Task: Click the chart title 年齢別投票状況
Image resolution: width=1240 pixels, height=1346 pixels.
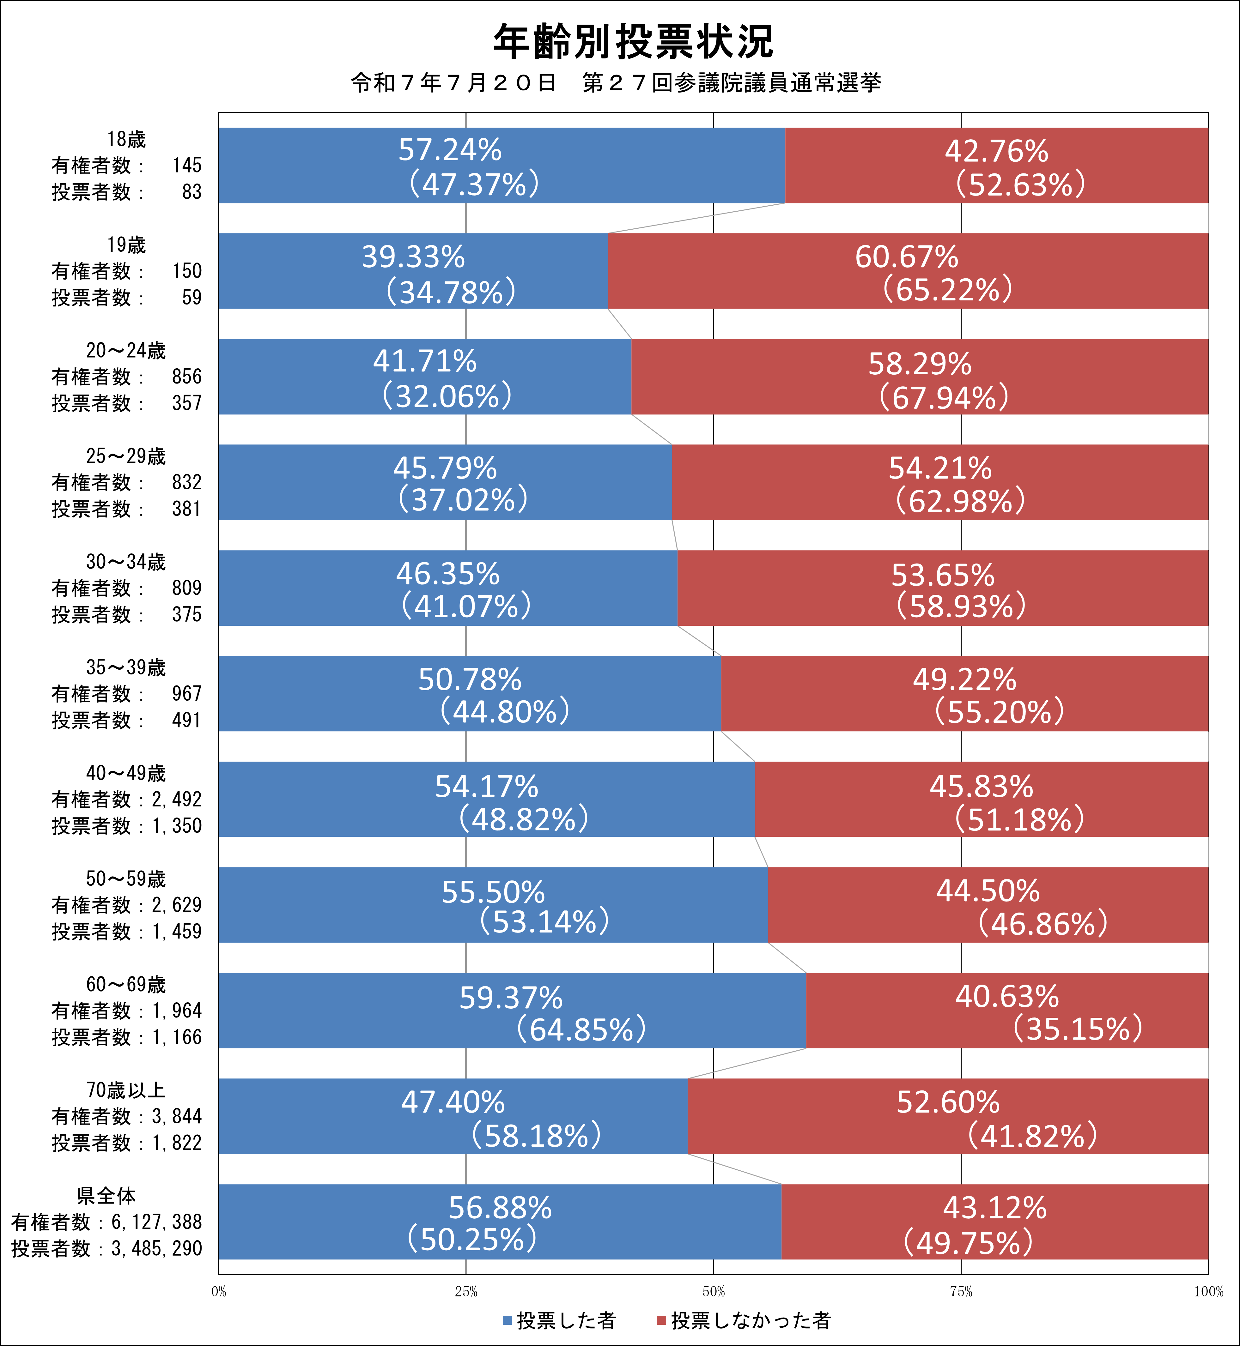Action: pos(633,42)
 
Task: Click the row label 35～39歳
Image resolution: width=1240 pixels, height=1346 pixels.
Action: pos(125,667)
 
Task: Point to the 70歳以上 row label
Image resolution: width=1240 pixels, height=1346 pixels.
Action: pos(125,1090)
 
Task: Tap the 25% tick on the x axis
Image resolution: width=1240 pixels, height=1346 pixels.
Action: pos(466,1292)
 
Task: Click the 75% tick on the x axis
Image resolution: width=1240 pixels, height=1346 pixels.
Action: pos(961,1292)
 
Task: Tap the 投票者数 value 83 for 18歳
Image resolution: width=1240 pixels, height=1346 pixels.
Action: pos(191,192)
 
